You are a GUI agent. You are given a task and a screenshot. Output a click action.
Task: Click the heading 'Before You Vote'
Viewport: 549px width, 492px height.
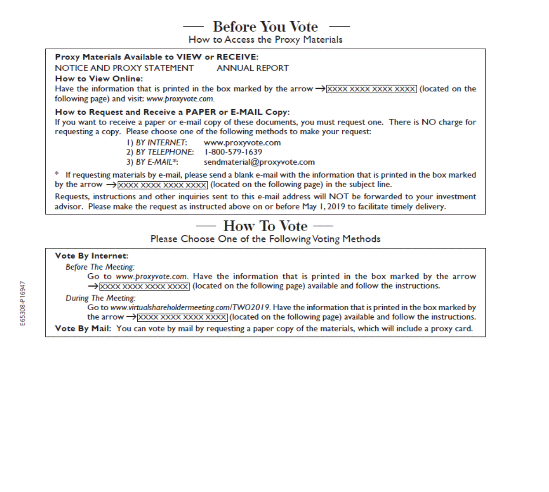click(x=265, y=26)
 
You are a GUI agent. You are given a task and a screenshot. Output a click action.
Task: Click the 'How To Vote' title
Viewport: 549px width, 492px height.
click(x=265, y=226)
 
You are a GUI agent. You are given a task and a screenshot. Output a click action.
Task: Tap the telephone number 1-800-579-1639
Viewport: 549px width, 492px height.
click(x=233, y=152)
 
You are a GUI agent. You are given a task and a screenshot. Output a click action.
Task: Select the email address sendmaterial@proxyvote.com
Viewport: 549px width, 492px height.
click(x=259, y=162)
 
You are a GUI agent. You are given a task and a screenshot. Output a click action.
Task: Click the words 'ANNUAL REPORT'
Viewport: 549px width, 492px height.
click(x=253, y=68)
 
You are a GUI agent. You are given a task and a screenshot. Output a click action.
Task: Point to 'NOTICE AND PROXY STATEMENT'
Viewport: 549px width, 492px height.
click(x=124, y=68)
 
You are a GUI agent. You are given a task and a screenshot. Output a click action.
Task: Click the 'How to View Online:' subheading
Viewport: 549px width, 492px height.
click(x=99, y=79)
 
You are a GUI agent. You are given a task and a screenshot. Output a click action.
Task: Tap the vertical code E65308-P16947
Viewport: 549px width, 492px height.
click(x=23, y=303)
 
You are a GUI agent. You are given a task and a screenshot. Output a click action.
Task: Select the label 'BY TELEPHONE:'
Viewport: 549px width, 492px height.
click(x=165, y=152)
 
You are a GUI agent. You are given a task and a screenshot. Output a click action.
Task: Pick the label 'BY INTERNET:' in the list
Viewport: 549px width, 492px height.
click(x=161, y=143)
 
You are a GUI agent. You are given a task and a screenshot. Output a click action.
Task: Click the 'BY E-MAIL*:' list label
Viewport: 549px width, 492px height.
click(x=157, y=162)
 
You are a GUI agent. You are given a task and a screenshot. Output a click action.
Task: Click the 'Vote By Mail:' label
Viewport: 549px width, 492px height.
click(x=83, y=329)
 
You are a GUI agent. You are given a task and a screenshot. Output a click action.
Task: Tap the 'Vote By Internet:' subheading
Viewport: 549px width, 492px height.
click(x=91, y=256)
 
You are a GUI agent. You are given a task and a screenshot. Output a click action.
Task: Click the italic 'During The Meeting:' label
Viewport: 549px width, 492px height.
click(x=100, y=298)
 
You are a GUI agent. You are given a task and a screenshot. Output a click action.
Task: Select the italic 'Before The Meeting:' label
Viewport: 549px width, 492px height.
click(x=100, y=267)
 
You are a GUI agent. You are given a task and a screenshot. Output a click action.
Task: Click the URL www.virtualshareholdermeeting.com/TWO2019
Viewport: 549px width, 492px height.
click(x=190, y=308)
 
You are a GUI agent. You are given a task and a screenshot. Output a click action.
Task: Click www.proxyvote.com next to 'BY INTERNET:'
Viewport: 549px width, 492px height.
click(x=242, y=143)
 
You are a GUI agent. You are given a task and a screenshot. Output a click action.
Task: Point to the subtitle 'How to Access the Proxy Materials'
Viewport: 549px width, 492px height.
click(x=265, y=40)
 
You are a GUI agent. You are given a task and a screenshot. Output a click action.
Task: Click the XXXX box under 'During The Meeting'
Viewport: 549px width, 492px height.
click(x=182, y=317)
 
